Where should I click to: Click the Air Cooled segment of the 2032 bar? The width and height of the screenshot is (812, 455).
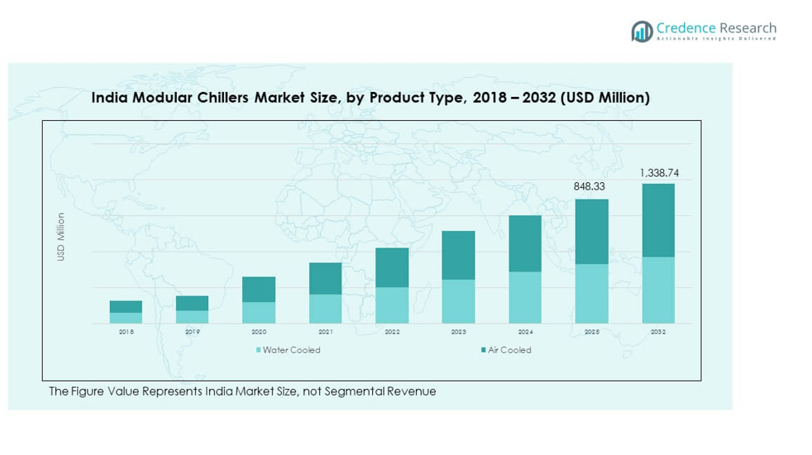658,220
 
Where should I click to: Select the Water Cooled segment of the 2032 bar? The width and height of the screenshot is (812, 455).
658,290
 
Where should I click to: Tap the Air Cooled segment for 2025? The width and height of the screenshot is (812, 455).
591,232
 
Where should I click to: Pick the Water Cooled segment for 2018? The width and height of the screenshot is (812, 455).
126,318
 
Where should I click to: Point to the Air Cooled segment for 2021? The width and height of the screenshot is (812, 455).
325,278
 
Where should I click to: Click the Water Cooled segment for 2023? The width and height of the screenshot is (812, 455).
458,301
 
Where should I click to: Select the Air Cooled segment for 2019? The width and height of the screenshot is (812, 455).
192,303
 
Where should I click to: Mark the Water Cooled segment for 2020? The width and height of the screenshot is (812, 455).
259,312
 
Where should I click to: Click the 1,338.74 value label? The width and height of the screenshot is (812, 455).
658,173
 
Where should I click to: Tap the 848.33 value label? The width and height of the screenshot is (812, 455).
591,187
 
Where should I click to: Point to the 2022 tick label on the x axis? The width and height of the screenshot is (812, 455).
392,332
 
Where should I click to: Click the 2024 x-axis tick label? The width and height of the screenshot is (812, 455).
525,332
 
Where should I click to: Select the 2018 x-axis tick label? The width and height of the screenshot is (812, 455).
126,332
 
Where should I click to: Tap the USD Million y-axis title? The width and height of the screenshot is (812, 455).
60,237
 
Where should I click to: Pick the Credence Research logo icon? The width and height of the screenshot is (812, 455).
642,31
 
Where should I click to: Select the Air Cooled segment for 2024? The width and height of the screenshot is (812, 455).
525,243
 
